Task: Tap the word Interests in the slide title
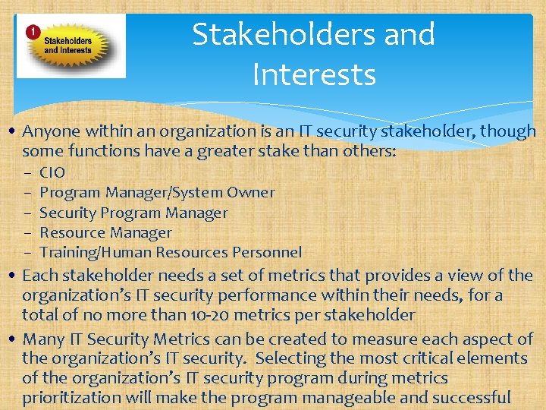click(314, 75)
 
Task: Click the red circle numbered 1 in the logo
click(33, 32)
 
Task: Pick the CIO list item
click(52, 172)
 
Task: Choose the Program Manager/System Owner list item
click(157, 193)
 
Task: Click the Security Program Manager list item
click(133, 213)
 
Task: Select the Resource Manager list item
click(105, 232)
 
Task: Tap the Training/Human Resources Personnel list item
click(171, 252)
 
